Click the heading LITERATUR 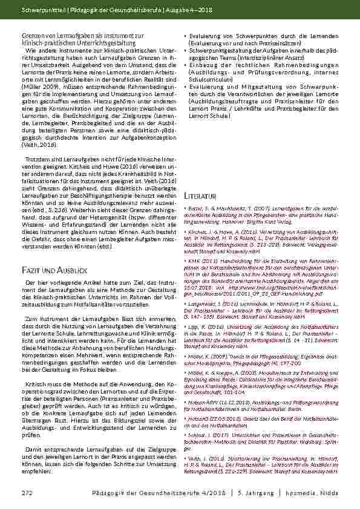[x=200, y=197]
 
